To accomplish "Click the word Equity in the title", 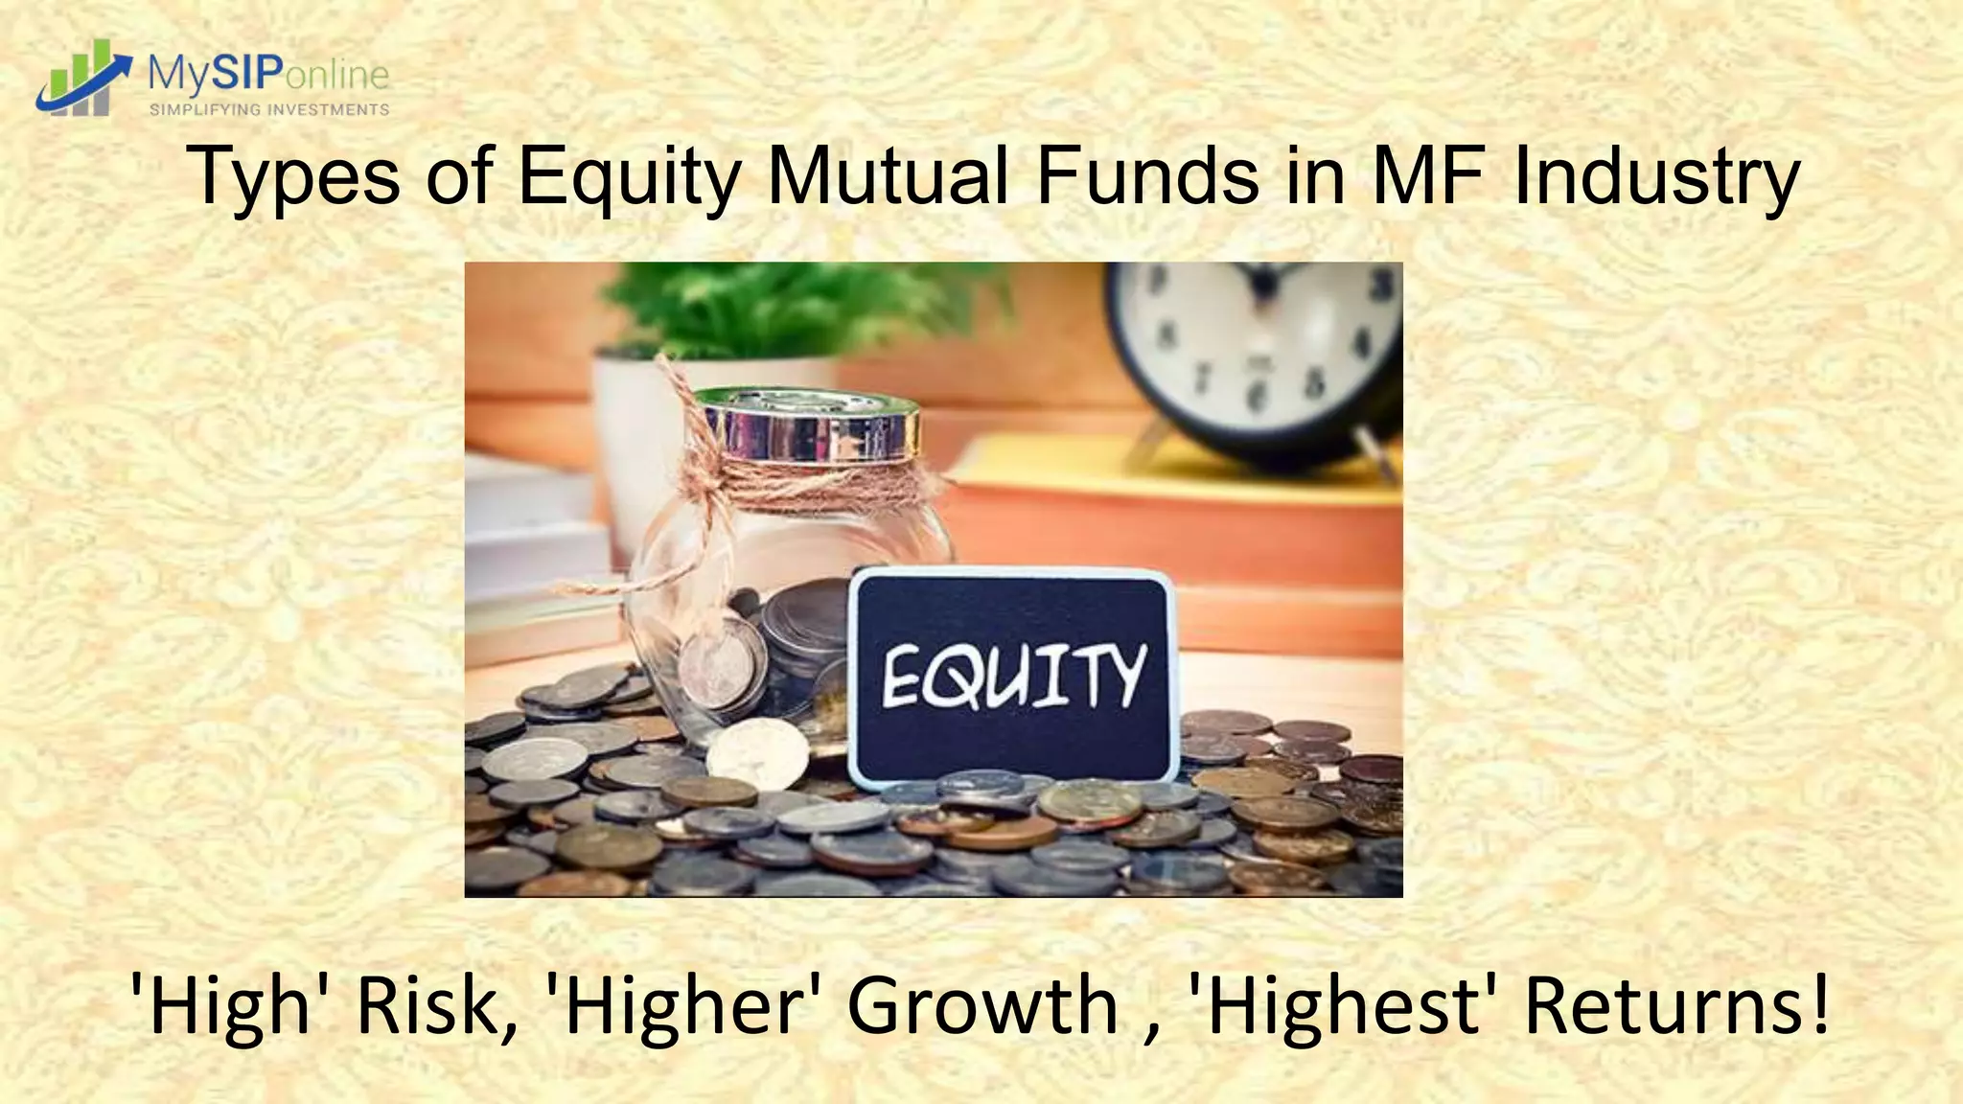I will (629, 177).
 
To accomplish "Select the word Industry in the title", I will (1655, 177).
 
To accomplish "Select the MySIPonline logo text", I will (268, 73).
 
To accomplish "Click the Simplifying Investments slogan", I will (269, 109).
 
